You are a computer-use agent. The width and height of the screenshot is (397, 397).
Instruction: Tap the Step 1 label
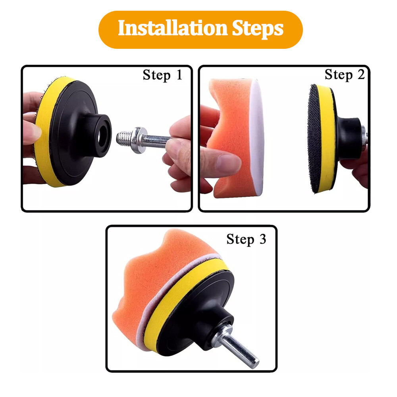point(162,75)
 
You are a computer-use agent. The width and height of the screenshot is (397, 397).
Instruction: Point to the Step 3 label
point(246,239)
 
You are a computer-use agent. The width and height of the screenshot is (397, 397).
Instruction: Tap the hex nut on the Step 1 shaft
point(137,140)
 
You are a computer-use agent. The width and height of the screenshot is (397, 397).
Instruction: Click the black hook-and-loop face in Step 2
point(314,139)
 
